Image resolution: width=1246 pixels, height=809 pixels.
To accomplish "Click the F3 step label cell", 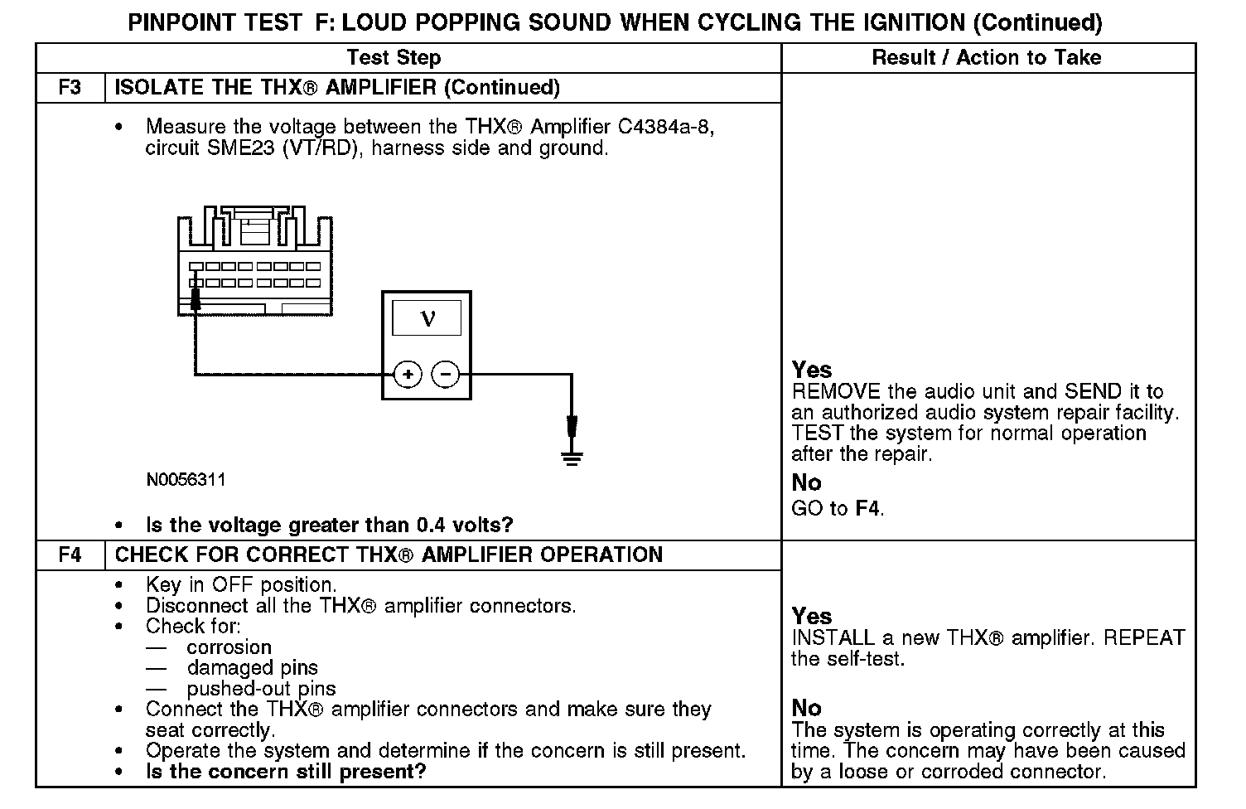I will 70,87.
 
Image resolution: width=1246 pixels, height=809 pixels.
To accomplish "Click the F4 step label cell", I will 70,555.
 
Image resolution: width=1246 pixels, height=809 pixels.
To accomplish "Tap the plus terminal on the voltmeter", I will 408,375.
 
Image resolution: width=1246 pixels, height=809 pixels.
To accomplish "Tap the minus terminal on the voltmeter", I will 446,375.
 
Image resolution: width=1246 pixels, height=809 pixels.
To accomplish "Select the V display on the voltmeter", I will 427,318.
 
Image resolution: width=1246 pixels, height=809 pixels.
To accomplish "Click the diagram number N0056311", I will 186,480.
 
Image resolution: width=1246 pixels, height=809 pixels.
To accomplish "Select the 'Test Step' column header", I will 394,57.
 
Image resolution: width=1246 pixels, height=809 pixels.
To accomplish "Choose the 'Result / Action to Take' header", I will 987,57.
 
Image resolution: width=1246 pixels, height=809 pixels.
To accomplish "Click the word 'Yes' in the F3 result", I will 812,369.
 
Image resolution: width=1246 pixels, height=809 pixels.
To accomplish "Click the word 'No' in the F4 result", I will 806,708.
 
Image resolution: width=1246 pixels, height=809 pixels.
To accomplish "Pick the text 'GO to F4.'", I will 838,508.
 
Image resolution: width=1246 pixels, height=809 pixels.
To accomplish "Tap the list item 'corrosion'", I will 229,647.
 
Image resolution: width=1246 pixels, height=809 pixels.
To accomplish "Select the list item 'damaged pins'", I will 252,668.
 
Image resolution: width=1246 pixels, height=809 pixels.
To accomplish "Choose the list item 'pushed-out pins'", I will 261,689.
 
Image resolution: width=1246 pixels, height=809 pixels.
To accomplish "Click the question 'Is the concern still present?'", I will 286,772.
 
